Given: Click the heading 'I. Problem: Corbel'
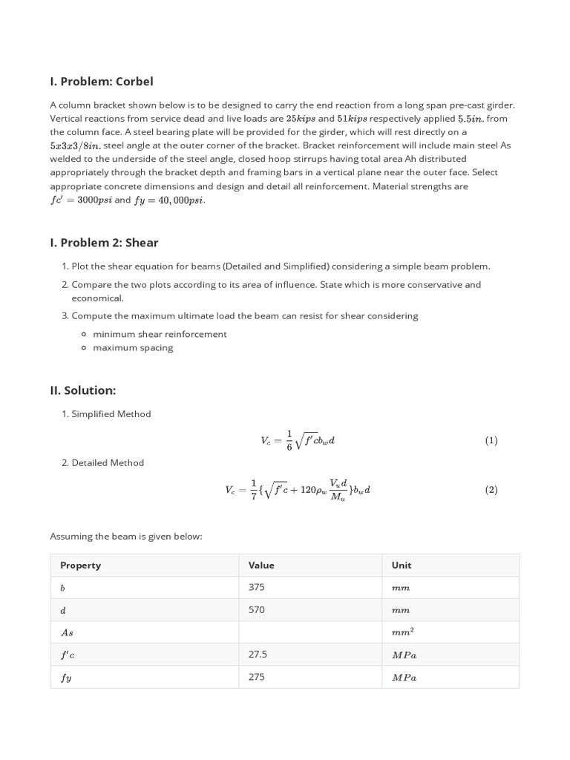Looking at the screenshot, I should (102, 81).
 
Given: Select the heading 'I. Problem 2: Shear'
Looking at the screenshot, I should (104, 242).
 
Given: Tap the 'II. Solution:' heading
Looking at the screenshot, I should (82, 390).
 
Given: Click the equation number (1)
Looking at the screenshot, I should (491, 440).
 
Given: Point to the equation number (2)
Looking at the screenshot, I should (491, 490).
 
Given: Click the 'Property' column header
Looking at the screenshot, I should (80, 565).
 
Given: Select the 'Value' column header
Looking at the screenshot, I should (261, 565).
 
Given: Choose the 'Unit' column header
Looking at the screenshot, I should (402, 565).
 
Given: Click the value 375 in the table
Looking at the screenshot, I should (257, 587).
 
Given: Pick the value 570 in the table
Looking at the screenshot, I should (257, 609).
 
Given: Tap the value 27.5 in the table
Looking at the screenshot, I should (258, 655).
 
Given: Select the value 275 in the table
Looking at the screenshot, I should (257, 677).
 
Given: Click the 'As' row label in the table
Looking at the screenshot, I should (67, 632).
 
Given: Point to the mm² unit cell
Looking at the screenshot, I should (402, 632).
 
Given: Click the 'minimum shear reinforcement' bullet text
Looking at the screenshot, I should (160, 334).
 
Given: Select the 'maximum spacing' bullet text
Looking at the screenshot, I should (133, 348).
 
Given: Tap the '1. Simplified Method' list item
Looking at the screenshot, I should (106, 414).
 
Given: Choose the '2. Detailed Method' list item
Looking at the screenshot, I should (103, 463).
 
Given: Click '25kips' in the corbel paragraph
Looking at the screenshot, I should (301, 119).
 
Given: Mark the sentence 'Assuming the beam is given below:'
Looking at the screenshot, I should (125, 536).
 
